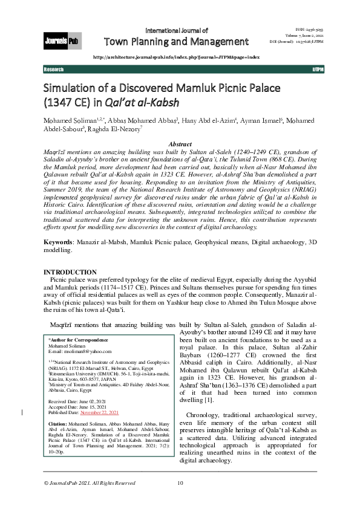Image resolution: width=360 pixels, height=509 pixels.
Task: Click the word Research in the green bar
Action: (54, 70)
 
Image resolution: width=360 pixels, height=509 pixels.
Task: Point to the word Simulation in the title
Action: (73, 87)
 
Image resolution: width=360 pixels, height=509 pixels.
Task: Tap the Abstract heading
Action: (180, 144)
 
